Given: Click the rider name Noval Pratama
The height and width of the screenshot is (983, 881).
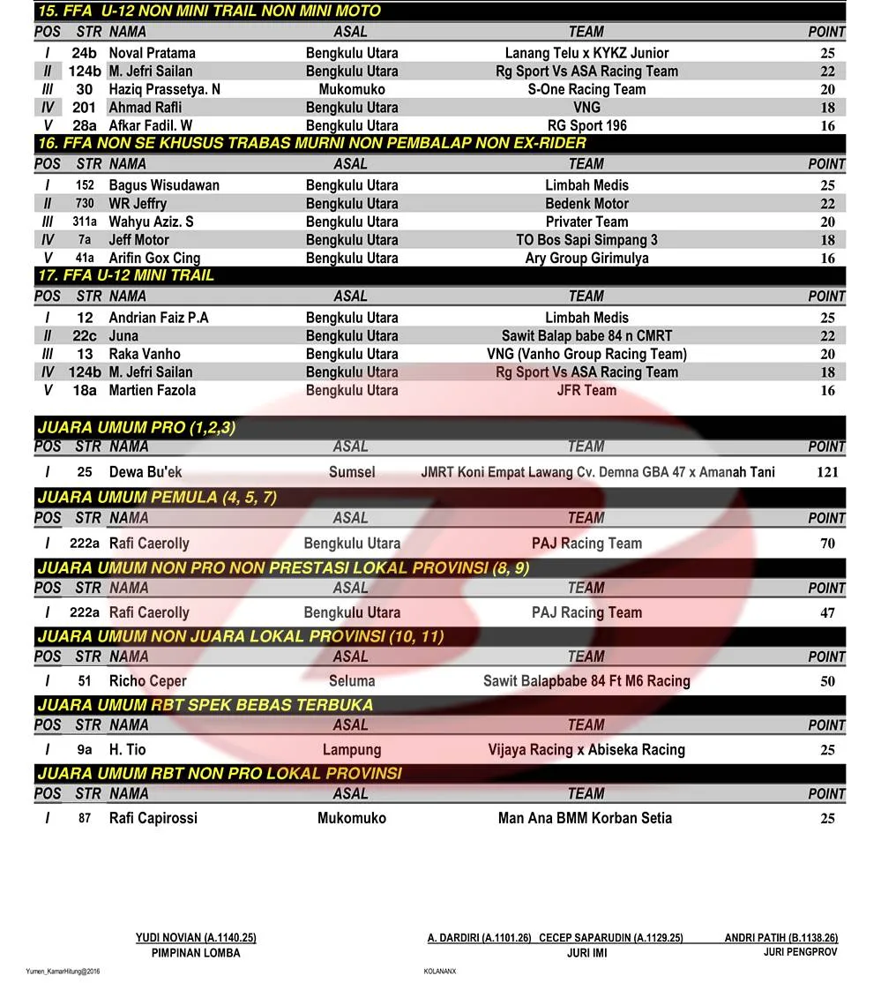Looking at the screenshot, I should tap(152, 53).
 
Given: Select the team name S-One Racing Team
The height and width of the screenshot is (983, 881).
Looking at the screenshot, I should tap(586, 89).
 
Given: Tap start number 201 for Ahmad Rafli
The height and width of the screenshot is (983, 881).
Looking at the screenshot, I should tap(85, 108).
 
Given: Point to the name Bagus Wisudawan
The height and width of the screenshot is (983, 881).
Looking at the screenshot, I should tap(164, 185).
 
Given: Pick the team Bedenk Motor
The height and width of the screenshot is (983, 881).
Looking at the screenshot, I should tap(586, 204).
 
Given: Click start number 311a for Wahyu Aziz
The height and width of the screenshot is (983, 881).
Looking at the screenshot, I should tap(85, 221).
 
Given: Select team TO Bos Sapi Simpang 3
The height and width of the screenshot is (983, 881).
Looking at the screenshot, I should tap(586, 240).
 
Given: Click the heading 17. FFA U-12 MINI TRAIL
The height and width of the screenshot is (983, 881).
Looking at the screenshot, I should tap(126, 275).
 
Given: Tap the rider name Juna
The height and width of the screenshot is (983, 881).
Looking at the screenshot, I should tap(123, 336).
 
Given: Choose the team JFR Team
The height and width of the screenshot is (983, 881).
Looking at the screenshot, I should tap(586, 390).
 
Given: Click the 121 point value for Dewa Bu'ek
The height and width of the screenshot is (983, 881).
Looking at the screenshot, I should tap(827, 472).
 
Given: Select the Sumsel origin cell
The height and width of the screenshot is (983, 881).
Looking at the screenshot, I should tap(352, 472).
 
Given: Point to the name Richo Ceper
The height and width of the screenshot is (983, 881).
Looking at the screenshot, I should tap(147, 681).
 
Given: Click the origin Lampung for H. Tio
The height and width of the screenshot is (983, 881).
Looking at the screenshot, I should tap(352, 750).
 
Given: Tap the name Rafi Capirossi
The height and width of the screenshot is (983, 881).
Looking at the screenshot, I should tap(153, 818).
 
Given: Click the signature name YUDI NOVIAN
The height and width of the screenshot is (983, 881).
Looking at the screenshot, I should tap(196, 938).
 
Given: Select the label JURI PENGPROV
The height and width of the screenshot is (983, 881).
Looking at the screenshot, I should tap(800, 952).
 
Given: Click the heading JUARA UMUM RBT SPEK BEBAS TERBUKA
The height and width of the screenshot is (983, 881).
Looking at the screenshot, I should tap(205, 705).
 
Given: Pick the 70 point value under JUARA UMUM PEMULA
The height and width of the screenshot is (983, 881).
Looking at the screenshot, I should tap(827, 544).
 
